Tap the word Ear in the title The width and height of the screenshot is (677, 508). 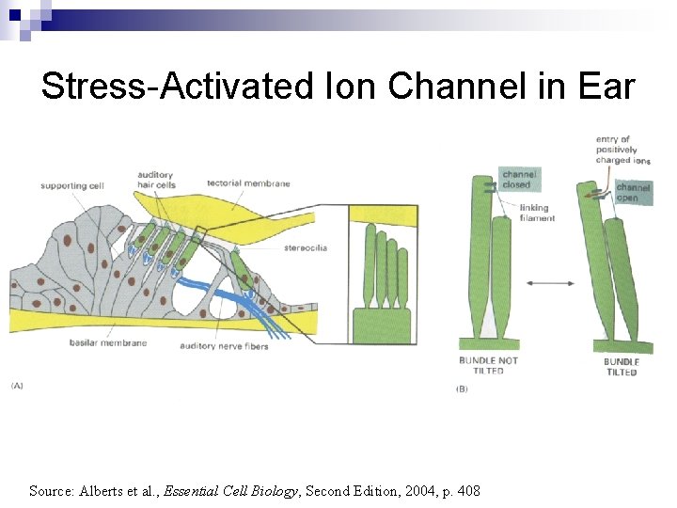(604, 87)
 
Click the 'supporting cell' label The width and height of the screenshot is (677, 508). (71, 185)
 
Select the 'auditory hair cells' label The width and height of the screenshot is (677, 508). (156, 179)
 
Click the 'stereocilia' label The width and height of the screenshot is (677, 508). (306, 248)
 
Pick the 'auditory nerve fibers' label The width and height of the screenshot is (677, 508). (224, 346)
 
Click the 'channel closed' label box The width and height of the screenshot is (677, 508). (519, 179)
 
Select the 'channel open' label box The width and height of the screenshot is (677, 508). (633, 193)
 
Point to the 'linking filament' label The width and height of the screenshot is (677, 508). (537, 214)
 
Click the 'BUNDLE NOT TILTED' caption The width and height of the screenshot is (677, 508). (488, 365)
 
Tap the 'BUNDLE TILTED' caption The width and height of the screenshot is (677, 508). (622, 367)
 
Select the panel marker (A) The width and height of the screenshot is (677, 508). (18, 386)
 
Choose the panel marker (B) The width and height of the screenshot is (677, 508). (462, 389)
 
